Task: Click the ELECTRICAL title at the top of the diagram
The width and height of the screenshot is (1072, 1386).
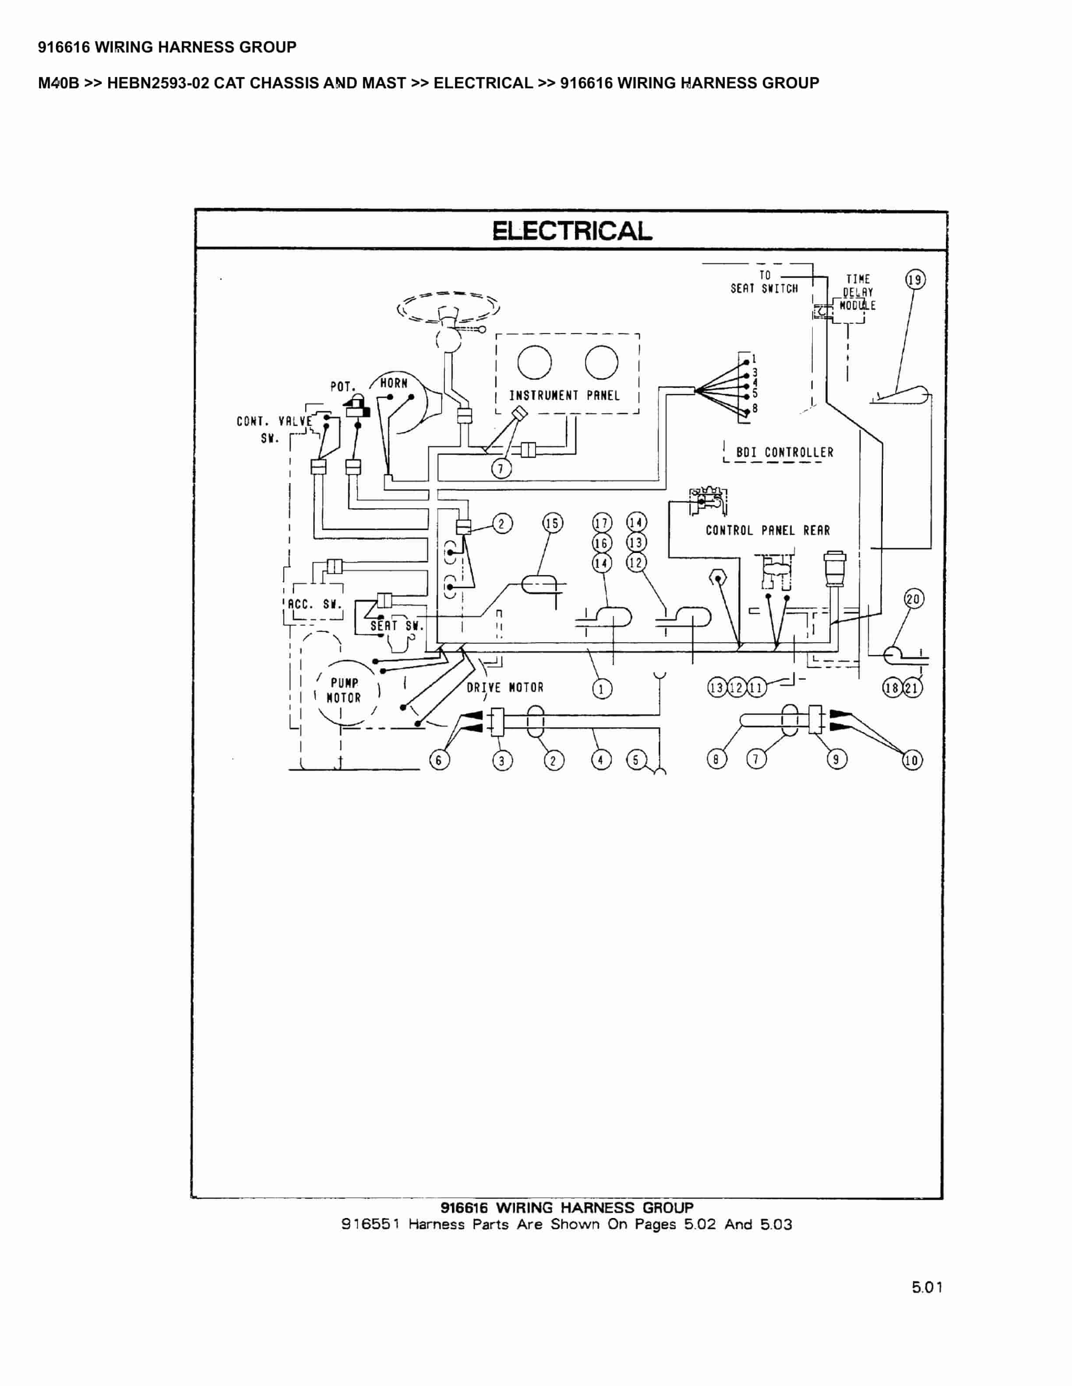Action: click(x=572, y=231)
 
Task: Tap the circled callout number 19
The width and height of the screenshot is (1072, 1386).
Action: click(x=915, y=279)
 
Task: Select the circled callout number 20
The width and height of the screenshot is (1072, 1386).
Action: click(x=913, y=598)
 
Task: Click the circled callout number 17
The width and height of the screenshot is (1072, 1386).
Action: click(x=602, y=523)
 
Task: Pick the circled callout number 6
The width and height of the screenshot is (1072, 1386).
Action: click(x=439, y=759)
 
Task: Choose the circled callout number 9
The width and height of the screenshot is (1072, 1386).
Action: click(x=836, y=759)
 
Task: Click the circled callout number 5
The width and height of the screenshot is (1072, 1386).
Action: click(x=636, y=759)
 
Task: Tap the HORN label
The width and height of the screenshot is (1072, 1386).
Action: click(x=394, y=383)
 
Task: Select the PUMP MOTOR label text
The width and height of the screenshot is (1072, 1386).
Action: click(x=344, y=690)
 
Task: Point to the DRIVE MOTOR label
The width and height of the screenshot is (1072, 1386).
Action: click(x=505, y=687)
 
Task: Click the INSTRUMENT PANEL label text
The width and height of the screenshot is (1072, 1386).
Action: click(x=564, y=395)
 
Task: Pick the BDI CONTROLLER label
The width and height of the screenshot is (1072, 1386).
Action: click(x=784, y=452)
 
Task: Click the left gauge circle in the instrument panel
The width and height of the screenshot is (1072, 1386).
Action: click(x=534, y=362)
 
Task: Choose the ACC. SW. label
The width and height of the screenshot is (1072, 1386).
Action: click(x=314, y=604)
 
